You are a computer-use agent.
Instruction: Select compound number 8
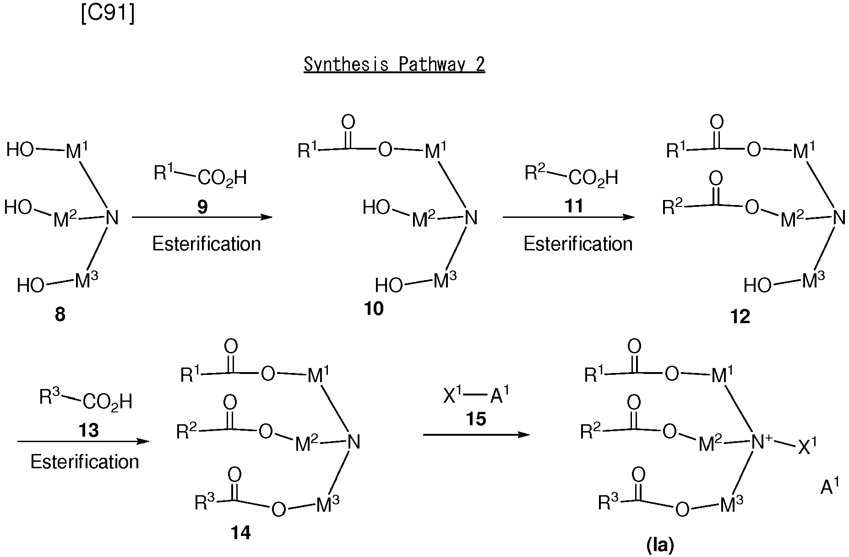60,315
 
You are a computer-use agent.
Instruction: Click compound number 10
374,309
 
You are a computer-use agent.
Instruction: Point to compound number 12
740,316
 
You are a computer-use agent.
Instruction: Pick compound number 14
241,532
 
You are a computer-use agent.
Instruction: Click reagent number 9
202,207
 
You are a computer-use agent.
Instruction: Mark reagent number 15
476,419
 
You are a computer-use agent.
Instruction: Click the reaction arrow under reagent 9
202,217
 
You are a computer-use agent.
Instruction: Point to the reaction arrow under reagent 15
476,434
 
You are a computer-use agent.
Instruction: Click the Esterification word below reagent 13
85,461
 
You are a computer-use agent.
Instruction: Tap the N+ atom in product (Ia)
761,442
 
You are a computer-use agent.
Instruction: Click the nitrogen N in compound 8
112,217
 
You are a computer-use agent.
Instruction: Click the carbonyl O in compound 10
348,122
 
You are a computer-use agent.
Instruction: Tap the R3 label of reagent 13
50,397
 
